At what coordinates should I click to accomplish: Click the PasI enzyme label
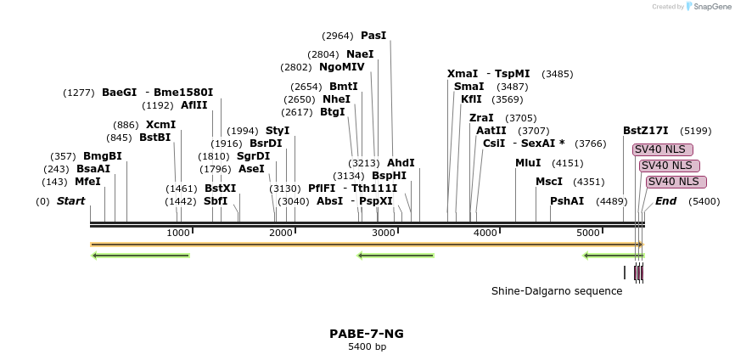pyautogui.click(x=373, y=36)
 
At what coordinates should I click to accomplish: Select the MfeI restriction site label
pyautogui.click(x=87, y=182)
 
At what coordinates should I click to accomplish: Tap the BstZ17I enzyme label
pyautogui.click(x=645, y=131)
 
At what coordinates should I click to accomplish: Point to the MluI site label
pyautogui.click(x=527, y=163)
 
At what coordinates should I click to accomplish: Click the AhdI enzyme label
pyautogui.click(x=401, y=163)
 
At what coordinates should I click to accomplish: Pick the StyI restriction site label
pyautogui.click(x=278, y=131)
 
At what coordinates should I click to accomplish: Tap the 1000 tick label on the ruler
pyautogui.click(x=178, y=233)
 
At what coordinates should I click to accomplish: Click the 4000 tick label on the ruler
pyautogui.click(x=485, y=233)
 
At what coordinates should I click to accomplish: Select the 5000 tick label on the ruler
pyautogui.click(x=588, y=233)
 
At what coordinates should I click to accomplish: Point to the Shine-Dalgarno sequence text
pyautogui.click(x=557, y=291)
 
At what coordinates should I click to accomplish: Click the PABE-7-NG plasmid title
pyautogui.click(x=367, y=334)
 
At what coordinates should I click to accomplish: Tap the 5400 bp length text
pyautogui.click(x=367, y=346)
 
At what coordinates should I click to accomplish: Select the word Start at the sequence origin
pyautogui.click(x=71, y=201)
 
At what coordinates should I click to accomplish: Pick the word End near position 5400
pyautogui.click(x=665, y=201)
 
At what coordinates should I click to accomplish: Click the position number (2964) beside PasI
pyautogui.click(x=338, y=36)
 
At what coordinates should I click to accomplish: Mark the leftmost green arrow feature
pyautogui.click(x=141, y=255)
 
